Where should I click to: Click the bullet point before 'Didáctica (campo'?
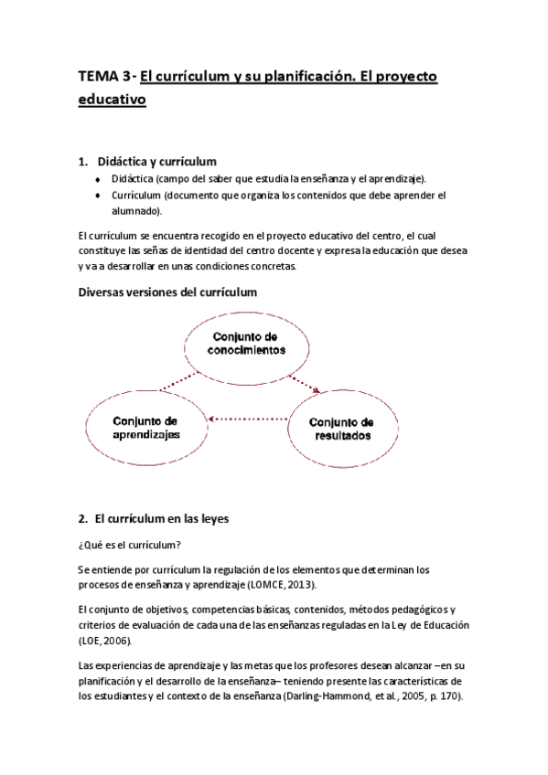(x=98, y=179)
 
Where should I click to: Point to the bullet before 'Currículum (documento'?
(x=98, y=196)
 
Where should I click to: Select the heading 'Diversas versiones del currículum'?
(x=168, y=292)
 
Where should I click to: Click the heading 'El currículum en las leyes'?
(x=167, y=519)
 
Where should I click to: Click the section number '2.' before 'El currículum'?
(x=83, y=519)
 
